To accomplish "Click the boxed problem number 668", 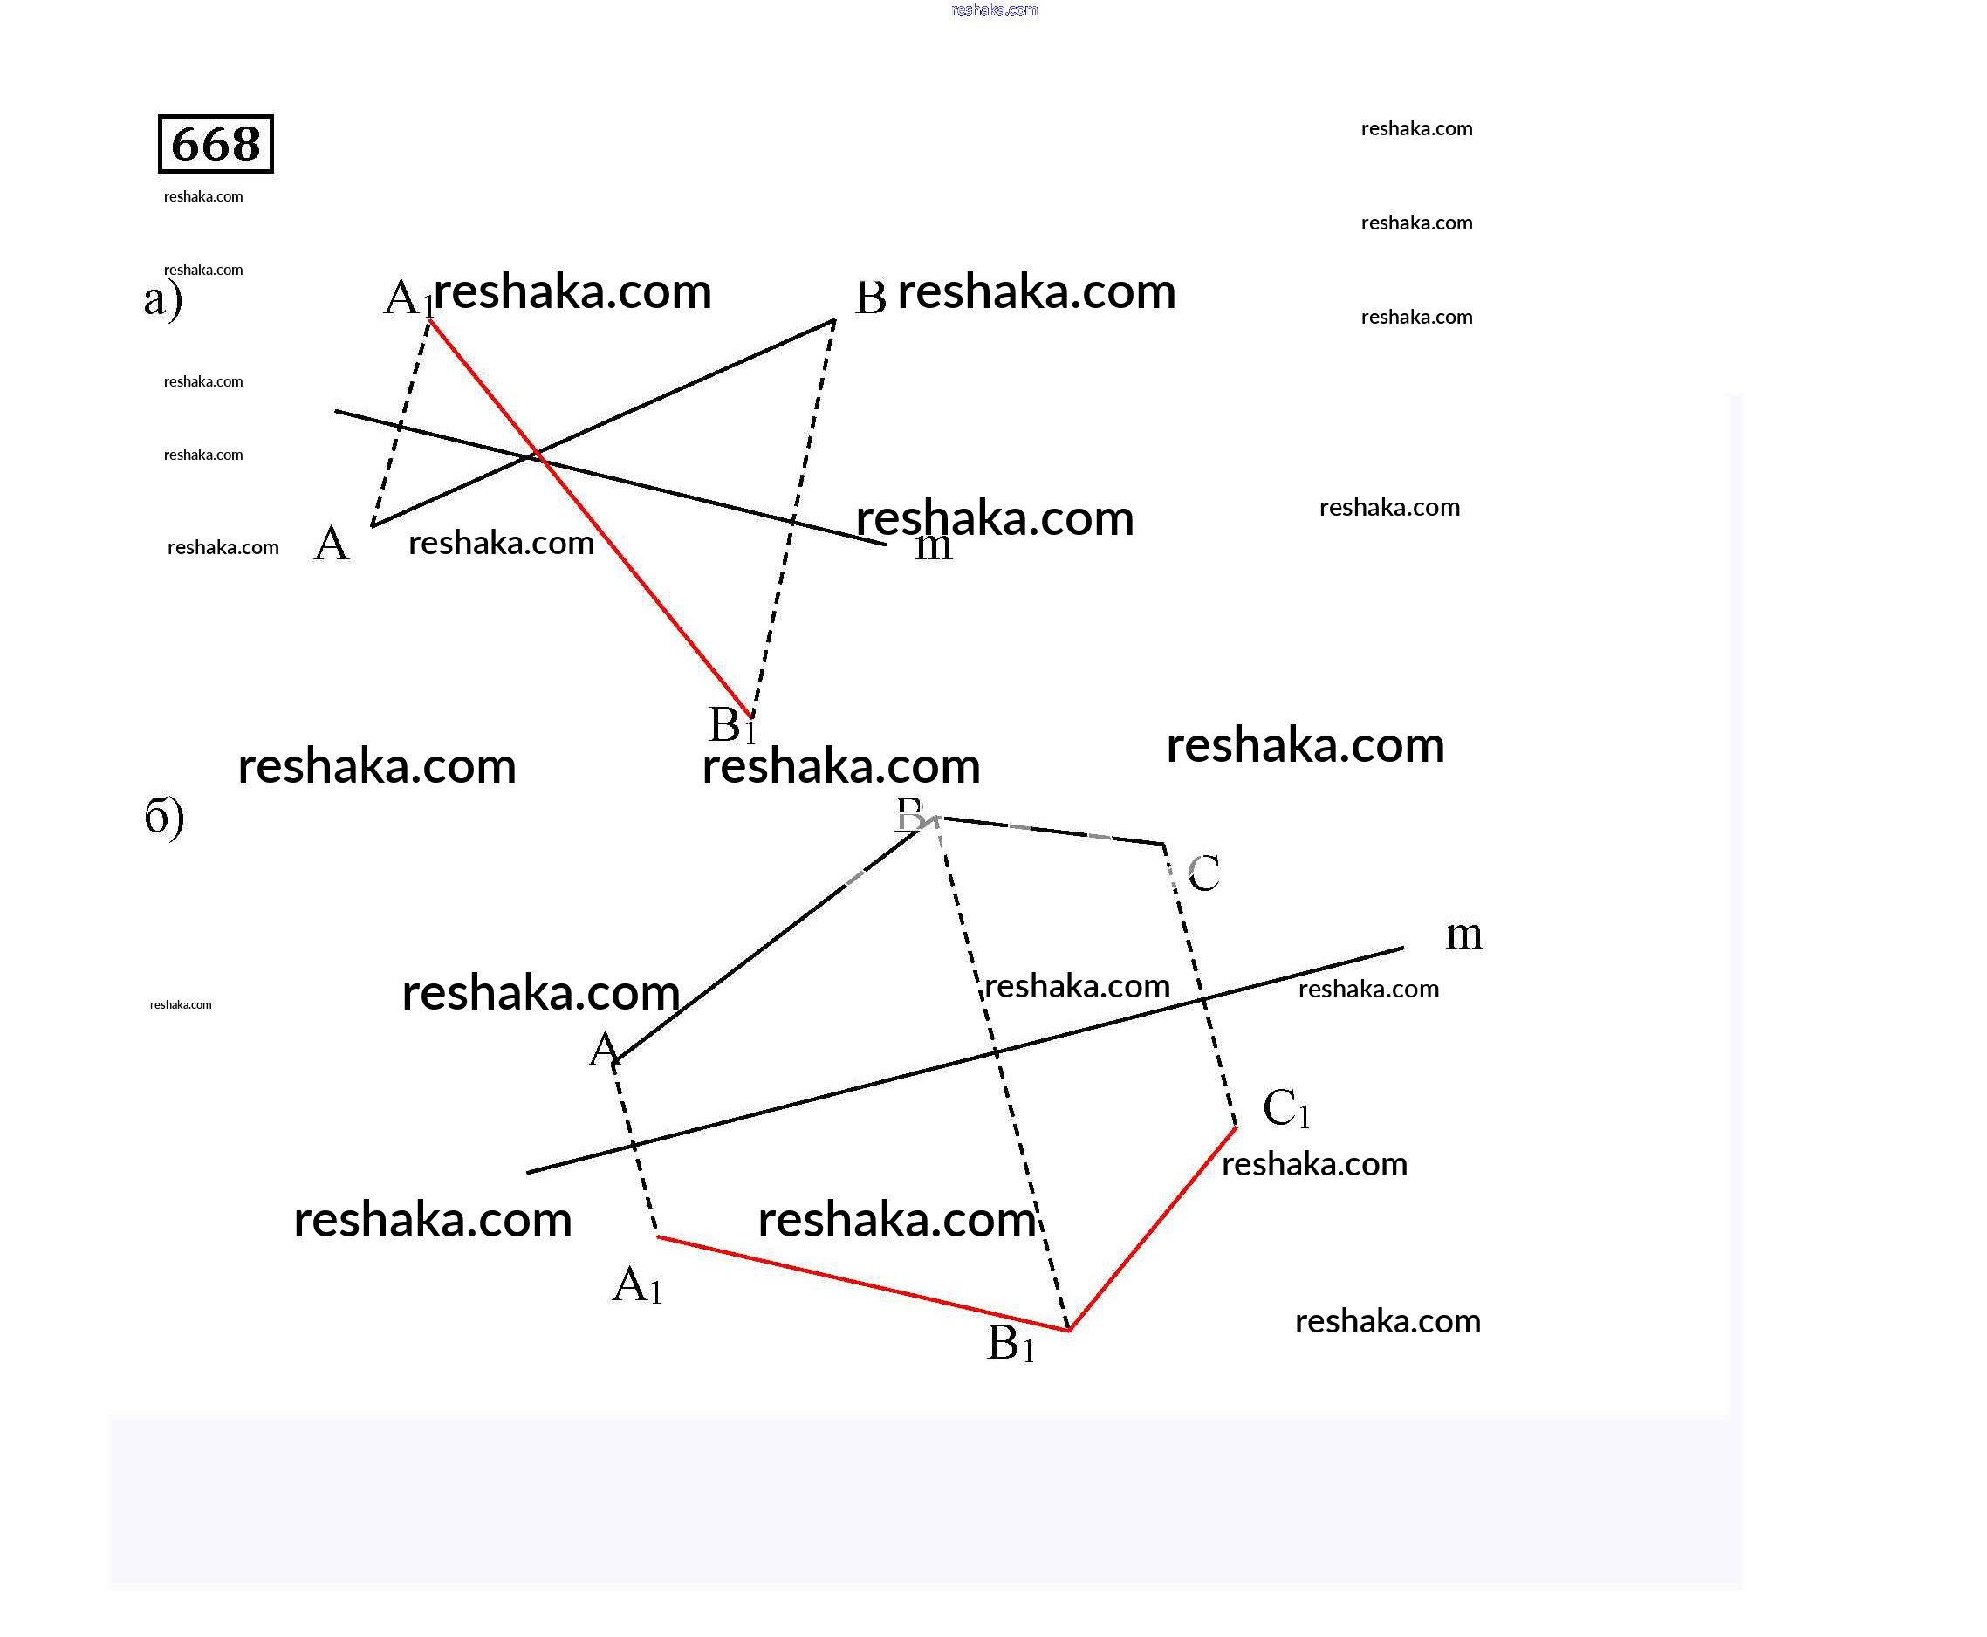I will [215, 144].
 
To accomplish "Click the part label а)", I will [162, 300].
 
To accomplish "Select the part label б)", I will [164, 816].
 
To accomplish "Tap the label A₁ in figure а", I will [408, 298].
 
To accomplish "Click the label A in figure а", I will [331, 545].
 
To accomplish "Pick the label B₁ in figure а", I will [732, 725].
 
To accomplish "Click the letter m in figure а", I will [933, 546].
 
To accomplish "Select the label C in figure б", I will [1203, 873].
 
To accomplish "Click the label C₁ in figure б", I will [1285, 1108].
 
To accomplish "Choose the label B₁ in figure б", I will [1010, 1343].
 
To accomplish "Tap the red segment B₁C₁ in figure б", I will [1153, 1229].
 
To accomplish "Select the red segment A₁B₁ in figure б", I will [863, 1284].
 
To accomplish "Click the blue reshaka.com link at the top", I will [994, 10].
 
